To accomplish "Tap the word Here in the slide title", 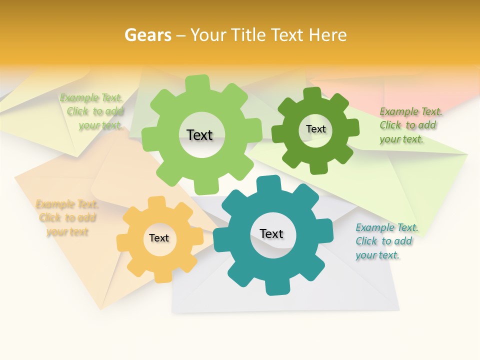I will (327, 35).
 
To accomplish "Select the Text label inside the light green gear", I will (199, 135).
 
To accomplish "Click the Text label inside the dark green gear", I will (315, 129).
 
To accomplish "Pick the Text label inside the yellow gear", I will (158, 238).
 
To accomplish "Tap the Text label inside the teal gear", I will (271, 233).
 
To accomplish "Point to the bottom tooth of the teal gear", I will (276, 287).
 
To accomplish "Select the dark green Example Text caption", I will (409, 125).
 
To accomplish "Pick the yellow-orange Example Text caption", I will (66, 218).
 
